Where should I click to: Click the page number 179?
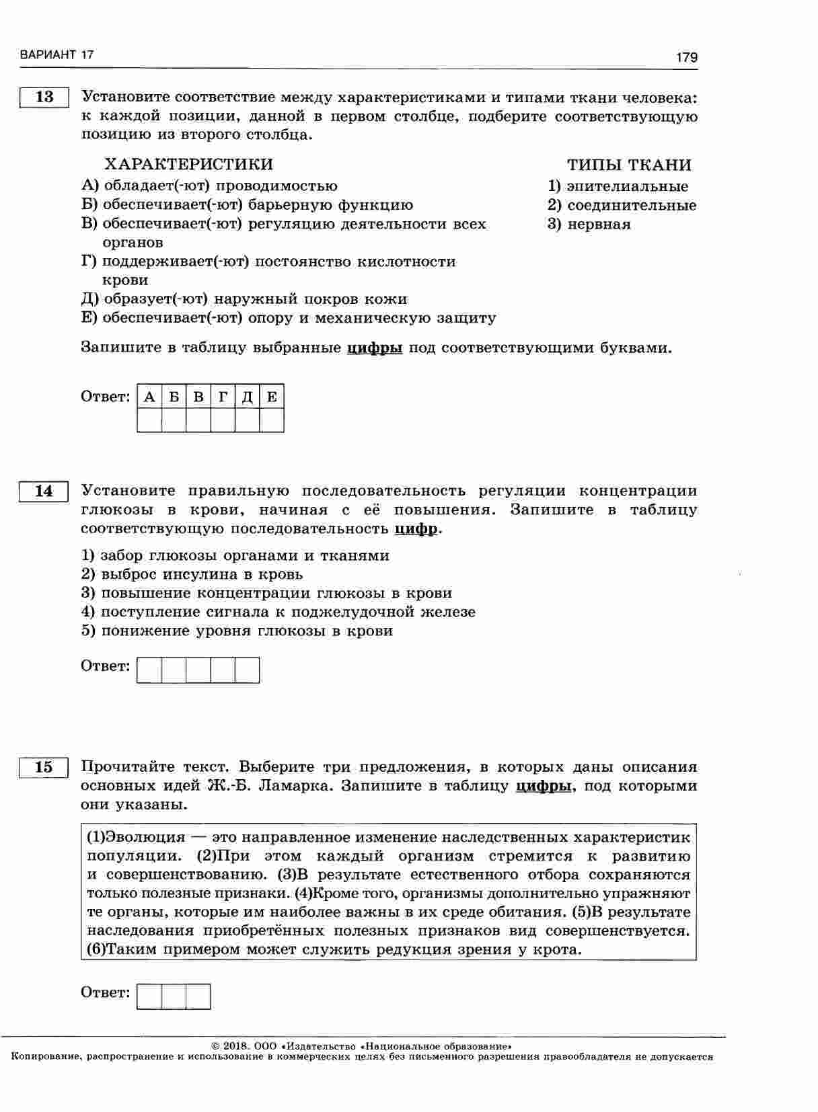[x=686, y=58]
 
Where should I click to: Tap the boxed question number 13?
[x=44, y=97]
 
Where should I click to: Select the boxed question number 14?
[x=44, y=491]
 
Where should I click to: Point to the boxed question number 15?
[x=44, y=767]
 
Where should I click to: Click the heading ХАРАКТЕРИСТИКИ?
[x=188, y=165]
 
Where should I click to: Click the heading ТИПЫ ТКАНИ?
[x=628, y=165]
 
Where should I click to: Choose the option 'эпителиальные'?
[x=627, y=186]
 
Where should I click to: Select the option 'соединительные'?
[x=631, y=205]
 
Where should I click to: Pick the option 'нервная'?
[x=599, y=224]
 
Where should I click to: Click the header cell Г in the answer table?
[x=223, y=397]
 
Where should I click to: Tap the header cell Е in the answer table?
[x=272, y=397]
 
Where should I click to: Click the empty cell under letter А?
[x=149, y=420]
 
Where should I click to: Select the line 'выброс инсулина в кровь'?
[x=202, y=574]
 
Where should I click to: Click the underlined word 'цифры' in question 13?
[x=374, y=348]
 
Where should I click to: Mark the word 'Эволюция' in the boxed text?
[x=146, y=837]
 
